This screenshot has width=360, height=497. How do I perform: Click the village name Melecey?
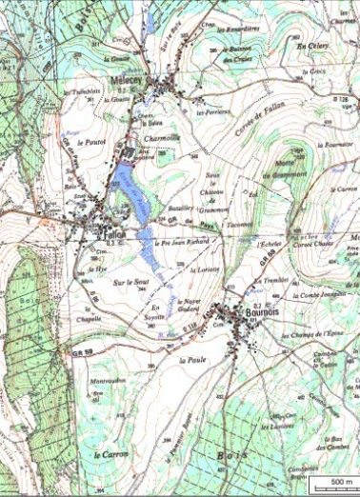[x=128, y=80]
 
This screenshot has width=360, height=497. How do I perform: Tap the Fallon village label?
[x=116, y=234]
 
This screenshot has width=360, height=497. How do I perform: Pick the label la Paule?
[x=190, y=361]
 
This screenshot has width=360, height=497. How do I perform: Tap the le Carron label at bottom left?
[x=110, y=456]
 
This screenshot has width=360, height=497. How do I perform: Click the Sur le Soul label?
[x=131, y=282]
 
